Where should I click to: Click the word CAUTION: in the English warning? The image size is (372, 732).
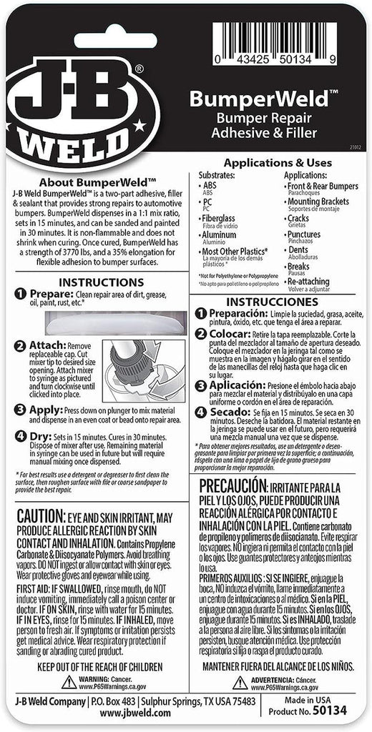pos(40,516)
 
